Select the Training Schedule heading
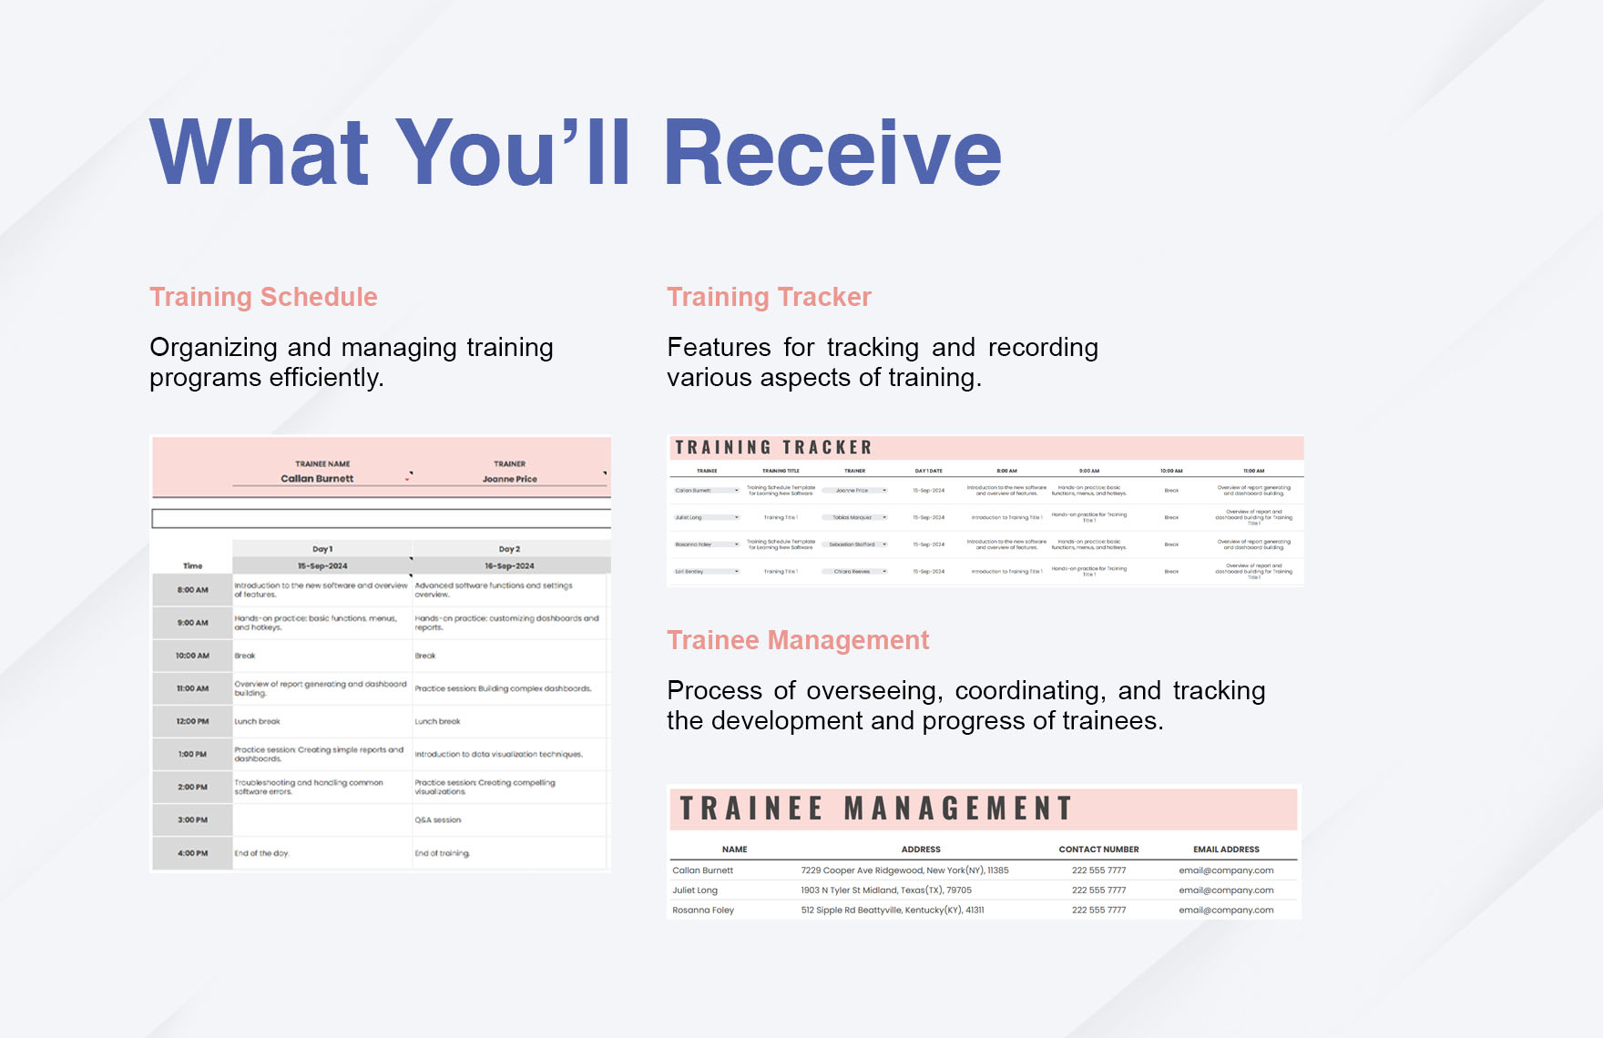click(263, 297)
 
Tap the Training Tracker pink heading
click(769, 297)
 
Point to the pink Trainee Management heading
click(798, 640)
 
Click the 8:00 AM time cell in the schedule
click(192, 590)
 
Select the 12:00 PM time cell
click(192, 721)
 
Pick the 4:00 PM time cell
click(192, 853)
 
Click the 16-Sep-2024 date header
click(509, 565)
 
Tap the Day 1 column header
click(322, 549)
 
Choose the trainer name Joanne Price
click(509, 479)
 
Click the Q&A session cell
click(438, 820)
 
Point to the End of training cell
click(442, 853)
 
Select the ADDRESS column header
click(921, 850)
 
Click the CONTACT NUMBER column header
click(1098, 850)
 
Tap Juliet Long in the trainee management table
click(695, 890)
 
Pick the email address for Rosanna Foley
click(1226, 910)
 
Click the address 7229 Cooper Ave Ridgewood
click(904, 870)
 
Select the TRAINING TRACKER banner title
click(773, 448)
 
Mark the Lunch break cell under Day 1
click(258, 721)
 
